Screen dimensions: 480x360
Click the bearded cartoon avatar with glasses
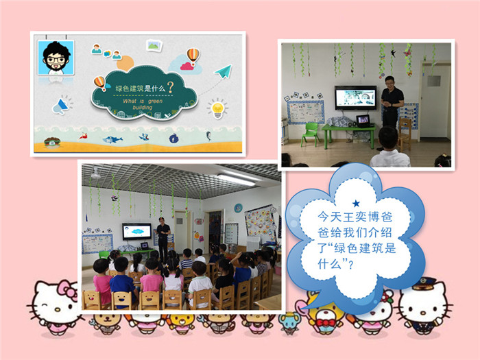[56, 58]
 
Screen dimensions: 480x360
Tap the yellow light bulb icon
[217, 108]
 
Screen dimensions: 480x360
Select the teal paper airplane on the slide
[223, 71]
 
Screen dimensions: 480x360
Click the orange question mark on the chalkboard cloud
[170, 87]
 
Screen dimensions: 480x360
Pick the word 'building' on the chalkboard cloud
[143, 107]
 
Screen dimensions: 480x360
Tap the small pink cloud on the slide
[186, 66]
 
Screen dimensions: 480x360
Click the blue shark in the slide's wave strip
[112, 139]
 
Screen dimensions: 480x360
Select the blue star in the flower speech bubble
[356, 203]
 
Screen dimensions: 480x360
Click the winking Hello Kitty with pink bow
[55, 308]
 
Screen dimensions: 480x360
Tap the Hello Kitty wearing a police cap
[424, 306]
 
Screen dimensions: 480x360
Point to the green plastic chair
[310, 134]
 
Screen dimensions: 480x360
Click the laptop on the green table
[363, 121]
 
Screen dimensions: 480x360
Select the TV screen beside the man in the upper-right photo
[355, 97]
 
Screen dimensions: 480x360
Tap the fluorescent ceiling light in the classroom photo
[236, 180]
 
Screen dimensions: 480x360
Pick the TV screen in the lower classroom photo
[136, 232]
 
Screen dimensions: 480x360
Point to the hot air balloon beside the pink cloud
[193, 56]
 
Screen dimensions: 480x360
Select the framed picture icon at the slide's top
[154, 46]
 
